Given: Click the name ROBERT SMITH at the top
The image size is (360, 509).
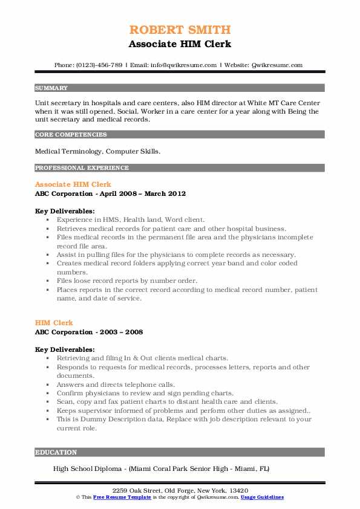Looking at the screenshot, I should click(180, 30).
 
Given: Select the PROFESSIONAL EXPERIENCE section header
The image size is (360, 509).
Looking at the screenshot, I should click(82, 167).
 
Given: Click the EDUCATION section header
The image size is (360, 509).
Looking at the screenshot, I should click(56, 452).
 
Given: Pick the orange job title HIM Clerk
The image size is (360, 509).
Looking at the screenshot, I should click(54, 323).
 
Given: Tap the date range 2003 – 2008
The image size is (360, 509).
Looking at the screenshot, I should click(124, 332).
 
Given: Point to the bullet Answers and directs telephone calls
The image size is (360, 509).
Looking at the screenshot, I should click(116, 384).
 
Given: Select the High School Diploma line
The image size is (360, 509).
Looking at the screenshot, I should click(161, 468).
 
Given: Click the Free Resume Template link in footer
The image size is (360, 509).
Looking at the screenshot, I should click(114, 497).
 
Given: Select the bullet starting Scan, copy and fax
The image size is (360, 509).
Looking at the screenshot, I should click(167, 401).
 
